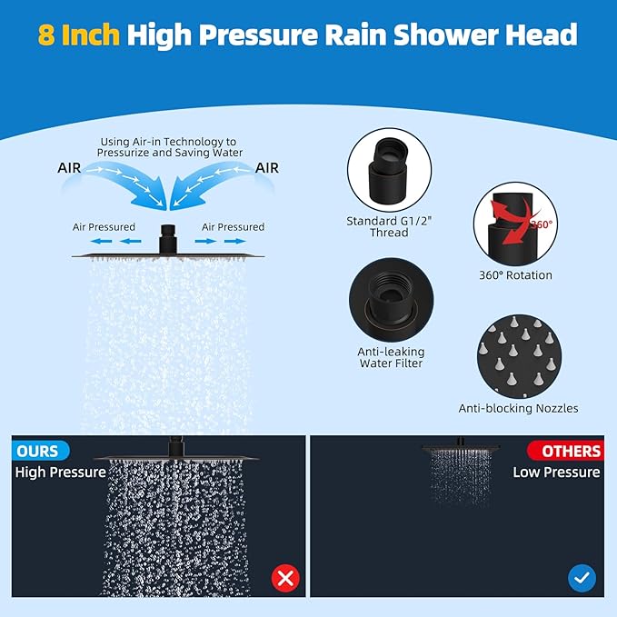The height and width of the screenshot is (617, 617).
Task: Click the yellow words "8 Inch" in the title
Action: [x=80, y=35]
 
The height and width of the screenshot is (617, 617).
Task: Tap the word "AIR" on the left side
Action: [x=75, y=168]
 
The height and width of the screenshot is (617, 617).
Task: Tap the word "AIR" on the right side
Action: [x=267, y=168]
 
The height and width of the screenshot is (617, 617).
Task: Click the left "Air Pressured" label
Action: [x=104, y=227]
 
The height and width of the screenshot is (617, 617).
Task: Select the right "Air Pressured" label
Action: [x=234, y=227]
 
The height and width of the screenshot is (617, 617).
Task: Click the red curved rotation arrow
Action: [x=503, y=227]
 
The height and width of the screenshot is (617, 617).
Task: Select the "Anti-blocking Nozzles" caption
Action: [x=518, y=409]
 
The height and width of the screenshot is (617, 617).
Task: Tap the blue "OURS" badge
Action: [x=37, y=451]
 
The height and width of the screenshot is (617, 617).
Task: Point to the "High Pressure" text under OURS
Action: [x=60, y=473]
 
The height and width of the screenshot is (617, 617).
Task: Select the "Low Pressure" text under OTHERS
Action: [x=556, y=473]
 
